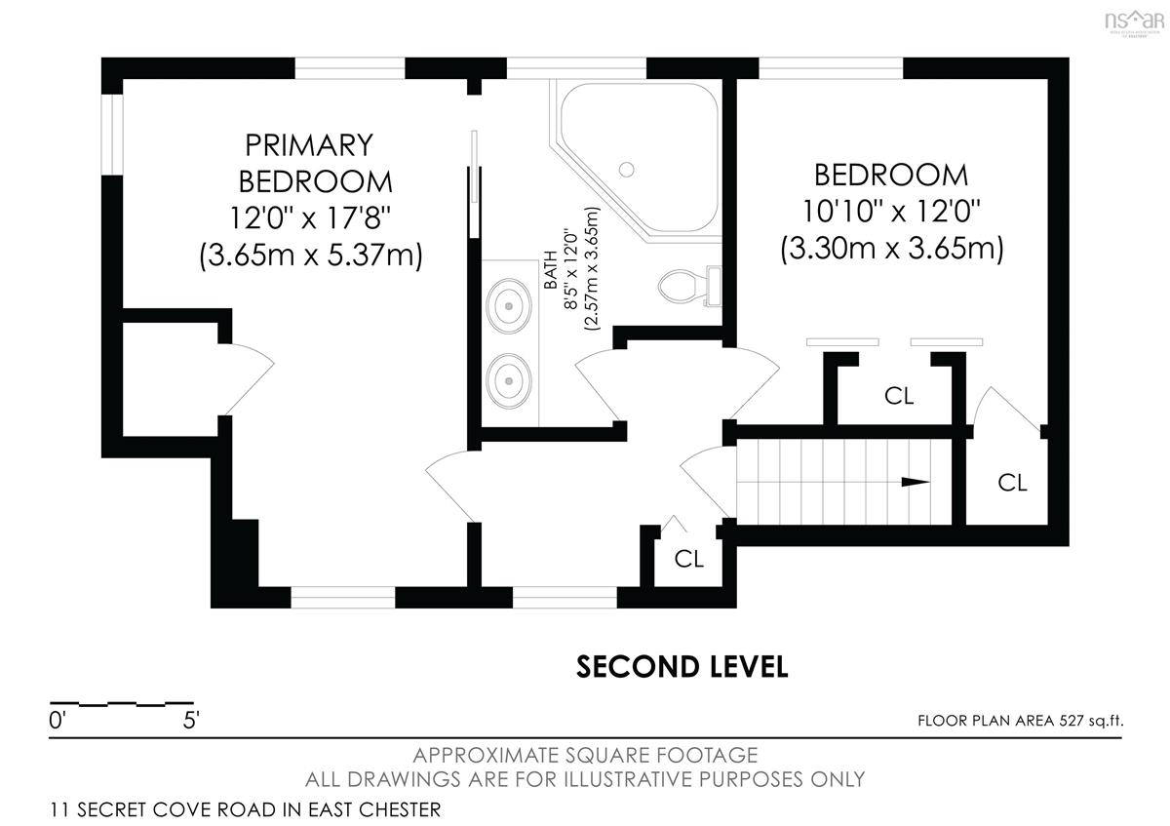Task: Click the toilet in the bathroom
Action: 689,286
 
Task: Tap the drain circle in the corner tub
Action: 626,170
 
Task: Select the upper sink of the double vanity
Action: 509,306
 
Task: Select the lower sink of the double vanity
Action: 509,380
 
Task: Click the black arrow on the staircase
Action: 916,482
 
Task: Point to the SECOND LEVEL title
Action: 682,667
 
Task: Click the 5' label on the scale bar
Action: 191,721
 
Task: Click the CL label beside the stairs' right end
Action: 1012,483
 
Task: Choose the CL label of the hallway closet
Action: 689,559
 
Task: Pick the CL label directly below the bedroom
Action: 899,396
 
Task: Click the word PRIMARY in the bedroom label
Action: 309,145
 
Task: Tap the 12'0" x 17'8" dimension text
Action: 310,217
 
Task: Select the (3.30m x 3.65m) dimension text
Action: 891,249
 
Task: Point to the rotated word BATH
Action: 551,270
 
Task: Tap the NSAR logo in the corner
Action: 1135,23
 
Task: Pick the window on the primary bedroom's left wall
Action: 112,135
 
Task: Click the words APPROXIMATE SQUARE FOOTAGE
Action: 585,756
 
